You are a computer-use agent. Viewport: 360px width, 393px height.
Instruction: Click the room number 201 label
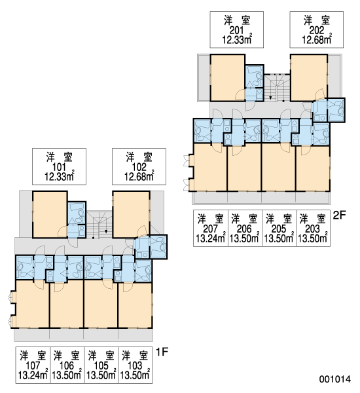236,30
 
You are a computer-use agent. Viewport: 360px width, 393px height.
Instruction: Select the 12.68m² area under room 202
317,39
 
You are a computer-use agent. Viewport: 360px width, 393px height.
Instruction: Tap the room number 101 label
59,167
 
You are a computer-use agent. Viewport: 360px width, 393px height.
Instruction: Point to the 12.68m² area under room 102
139,176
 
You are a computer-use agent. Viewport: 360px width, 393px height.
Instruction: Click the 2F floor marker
339,215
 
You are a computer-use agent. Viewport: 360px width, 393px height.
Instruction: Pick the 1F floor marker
162,352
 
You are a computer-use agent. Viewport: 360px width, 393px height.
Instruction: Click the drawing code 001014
335,379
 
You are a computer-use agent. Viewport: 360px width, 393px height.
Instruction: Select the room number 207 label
210,229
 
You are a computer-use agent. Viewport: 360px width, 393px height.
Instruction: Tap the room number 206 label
244,229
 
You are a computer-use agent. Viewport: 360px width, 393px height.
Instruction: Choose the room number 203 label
313,229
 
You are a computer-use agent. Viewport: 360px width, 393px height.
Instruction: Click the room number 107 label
33,365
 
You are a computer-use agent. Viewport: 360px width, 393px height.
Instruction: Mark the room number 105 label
101,365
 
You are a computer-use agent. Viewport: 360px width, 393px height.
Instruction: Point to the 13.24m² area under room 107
33,375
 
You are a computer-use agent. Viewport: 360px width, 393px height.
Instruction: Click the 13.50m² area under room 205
279,238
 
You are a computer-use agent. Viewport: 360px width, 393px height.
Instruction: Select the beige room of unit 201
228,77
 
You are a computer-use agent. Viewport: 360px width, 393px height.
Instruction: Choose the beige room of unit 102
131,214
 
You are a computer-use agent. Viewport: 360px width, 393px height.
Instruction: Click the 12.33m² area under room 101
59,176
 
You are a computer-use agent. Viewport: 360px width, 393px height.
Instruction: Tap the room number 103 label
135,365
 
